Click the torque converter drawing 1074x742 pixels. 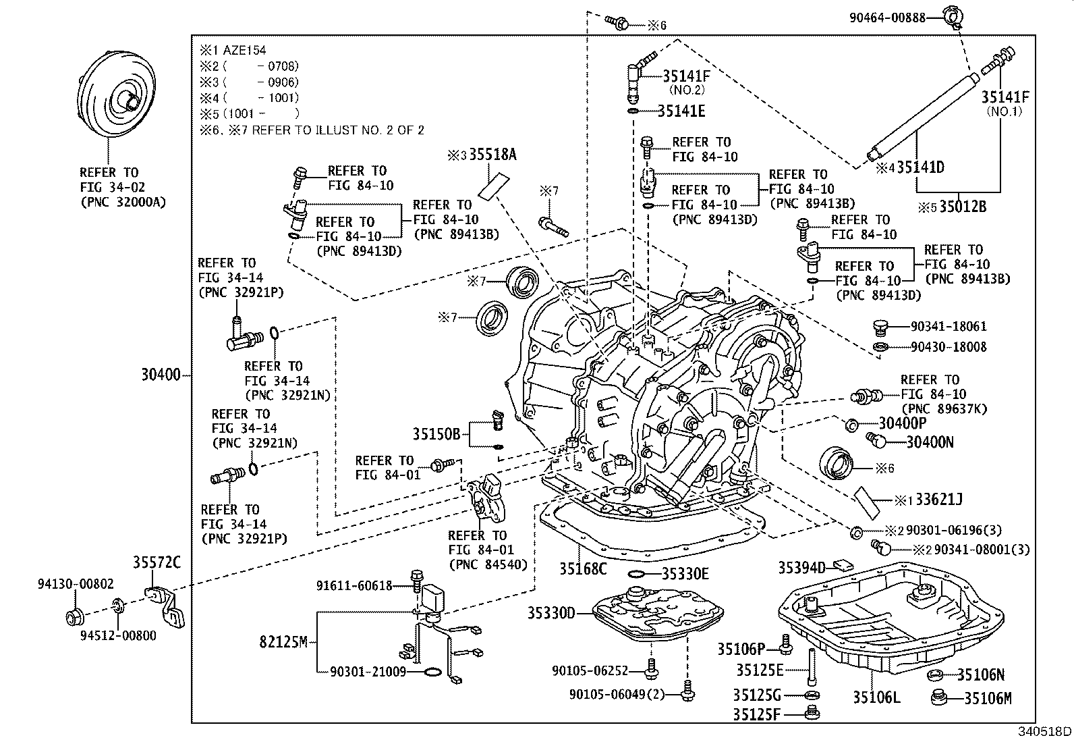116,94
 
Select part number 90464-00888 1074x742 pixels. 887,18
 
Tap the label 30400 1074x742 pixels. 161,374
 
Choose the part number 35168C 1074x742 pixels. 583,568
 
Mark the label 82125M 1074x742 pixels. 283,641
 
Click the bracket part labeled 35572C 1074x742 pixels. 165,607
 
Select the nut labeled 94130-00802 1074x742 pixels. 75,616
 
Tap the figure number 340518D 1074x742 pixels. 1044,731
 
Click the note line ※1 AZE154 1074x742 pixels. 233,50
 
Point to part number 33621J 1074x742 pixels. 939,500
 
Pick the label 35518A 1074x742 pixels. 493,155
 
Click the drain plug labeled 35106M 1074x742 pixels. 939,697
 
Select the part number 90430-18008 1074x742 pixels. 949,346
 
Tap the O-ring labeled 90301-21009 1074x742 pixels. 432,672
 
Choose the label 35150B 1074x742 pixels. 436,434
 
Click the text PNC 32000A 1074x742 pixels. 123,202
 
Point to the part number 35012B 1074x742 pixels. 963,207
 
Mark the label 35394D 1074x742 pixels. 801,568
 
